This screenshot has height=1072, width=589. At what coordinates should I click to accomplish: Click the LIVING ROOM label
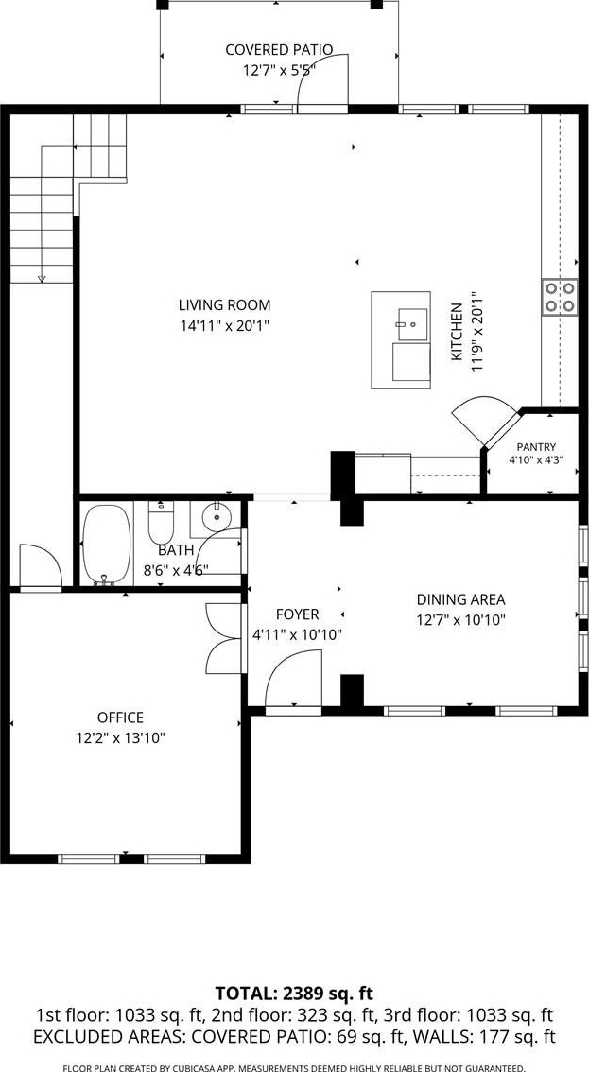click(x=224, y=305)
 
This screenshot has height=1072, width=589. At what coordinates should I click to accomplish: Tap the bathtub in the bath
click(x=106, y=545)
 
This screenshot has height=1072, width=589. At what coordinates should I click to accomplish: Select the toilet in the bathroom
click(x=162, y=523)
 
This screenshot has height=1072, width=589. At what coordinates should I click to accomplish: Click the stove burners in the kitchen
click(x=559, y=297)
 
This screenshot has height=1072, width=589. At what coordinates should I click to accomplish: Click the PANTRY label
click(x=536, y=447)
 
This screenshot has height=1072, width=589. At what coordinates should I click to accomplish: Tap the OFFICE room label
click(x=120, y=718)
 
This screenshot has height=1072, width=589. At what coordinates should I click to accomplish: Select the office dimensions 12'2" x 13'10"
click(x=121, y=737)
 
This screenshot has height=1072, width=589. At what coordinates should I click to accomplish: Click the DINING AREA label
click(x=461, y=600)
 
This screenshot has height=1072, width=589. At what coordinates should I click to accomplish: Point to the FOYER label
click(x=297, y=614)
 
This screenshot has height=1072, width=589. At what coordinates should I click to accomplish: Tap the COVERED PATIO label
click(x=279, y=50)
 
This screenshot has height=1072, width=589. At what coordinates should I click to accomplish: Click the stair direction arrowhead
click(x=42, y=278)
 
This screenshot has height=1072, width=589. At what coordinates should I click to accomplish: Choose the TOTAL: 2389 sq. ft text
click(x=294, y=993)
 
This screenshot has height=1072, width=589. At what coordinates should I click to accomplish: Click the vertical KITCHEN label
click(x=457, y=332)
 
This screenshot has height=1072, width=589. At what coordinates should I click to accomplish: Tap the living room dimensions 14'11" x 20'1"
click(x=224, y=326)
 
